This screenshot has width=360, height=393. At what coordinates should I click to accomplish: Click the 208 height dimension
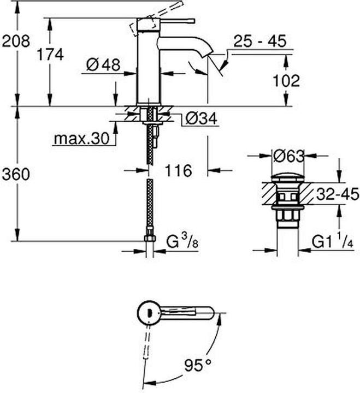tap(16, 41)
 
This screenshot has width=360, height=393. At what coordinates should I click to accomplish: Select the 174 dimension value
tap(50, 55)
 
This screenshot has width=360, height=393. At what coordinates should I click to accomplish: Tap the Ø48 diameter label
tap(103, 65)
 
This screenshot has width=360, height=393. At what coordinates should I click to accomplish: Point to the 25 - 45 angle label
tap(259, 41)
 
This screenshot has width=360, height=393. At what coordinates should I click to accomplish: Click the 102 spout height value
tap(286, 81)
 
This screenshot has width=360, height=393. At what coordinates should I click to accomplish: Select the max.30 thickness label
tap(82, 138)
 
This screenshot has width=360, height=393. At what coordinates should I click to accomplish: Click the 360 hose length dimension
tap(16, 174)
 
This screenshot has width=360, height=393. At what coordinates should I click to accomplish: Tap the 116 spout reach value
tap(178, 171)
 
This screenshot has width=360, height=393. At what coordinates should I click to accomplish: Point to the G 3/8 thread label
tap(182, 242)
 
